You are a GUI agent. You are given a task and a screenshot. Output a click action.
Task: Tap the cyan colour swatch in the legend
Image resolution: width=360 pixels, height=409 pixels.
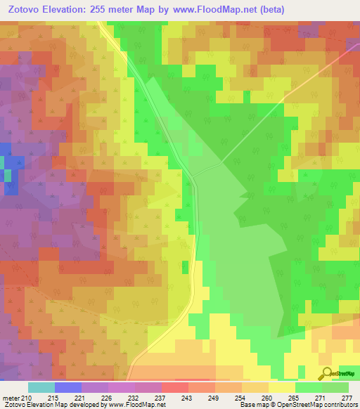41,387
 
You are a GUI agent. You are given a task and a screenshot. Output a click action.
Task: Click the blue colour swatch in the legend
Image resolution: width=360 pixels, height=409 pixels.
67,387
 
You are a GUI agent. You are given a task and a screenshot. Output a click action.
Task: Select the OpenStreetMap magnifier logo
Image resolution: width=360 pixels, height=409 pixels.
326,374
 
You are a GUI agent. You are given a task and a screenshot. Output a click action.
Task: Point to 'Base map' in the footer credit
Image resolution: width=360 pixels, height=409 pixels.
253,405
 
